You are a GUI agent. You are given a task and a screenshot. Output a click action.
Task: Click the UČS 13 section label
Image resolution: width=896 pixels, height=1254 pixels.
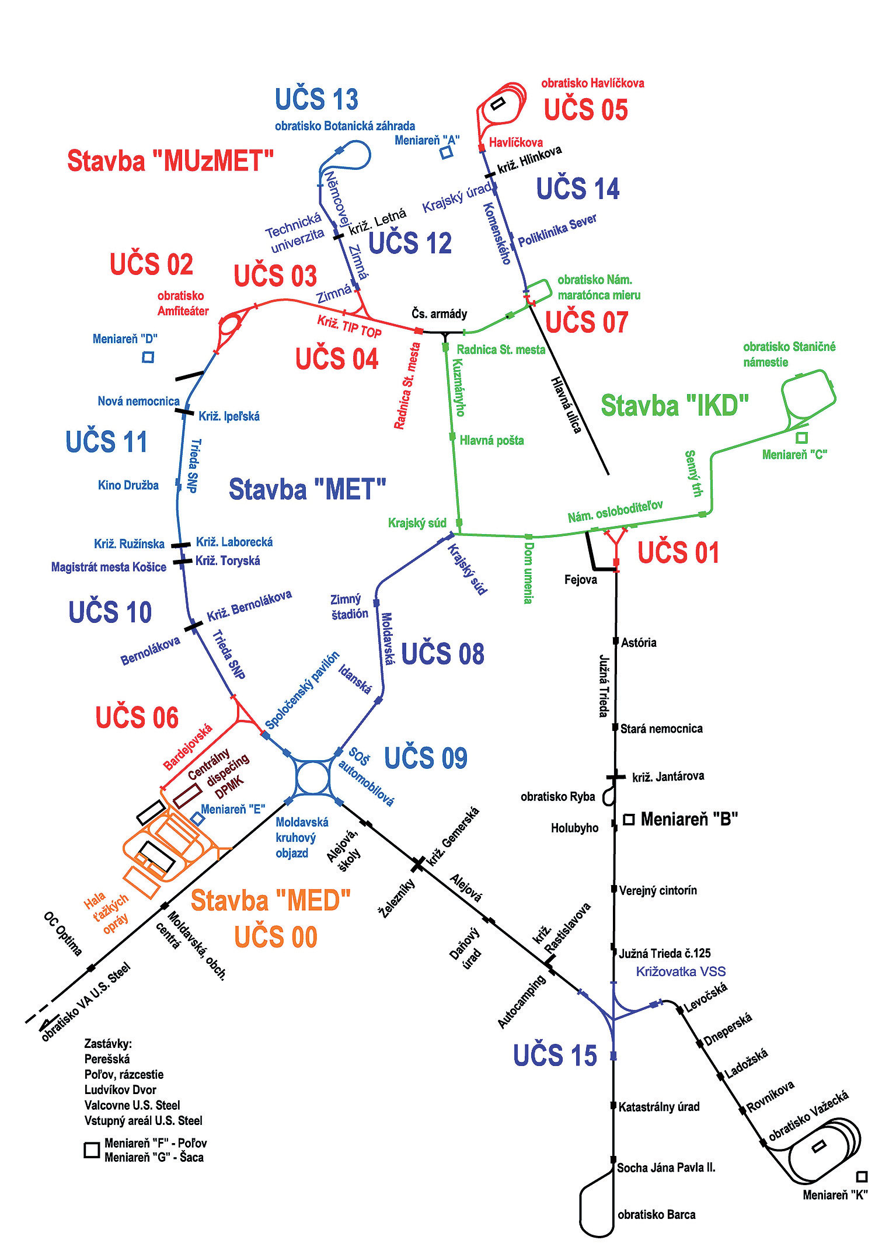click(x=316, y=100)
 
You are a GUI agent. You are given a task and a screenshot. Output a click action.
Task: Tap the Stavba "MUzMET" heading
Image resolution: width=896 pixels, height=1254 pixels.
click(x=170, y=161)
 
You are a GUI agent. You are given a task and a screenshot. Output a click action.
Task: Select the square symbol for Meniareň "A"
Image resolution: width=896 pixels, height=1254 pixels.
click(x=447, y=152)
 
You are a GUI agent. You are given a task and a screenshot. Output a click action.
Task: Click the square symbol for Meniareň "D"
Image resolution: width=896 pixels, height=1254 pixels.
click(x=148, y=357)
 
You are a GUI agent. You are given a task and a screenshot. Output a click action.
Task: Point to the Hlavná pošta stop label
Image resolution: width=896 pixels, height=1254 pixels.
click(x=491, y=441)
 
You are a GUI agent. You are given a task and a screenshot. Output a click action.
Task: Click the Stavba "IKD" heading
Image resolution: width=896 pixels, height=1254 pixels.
click(x=674, y=406)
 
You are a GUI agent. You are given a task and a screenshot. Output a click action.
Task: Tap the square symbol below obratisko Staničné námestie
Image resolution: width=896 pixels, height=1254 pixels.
click(x=802, y=437)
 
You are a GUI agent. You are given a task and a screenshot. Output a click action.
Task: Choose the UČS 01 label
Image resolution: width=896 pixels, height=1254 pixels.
click(x=678, y=553)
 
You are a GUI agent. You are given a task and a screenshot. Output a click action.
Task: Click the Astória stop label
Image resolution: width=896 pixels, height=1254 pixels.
click(x=639, y=643)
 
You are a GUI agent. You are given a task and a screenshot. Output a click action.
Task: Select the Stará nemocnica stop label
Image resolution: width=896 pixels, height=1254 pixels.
click(x=661, y=729)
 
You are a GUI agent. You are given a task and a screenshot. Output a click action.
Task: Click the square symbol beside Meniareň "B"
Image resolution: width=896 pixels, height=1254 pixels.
click(x=629, y=820)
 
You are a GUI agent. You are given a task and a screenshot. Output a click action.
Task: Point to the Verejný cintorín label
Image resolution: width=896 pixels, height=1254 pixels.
click(x=658, y=890)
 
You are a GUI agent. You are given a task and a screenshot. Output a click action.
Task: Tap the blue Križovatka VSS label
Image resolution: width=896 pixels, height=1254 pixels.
click(x=681, y=971)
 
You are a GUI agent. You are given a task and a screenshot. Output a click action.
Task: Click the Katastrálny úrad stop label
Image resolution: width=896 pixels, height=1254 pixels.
click(x=658, y=1106)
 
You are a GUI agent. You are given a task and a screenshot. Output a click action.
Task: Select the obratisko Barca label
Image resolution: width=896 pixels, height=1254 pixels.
click(x=656, y=1214)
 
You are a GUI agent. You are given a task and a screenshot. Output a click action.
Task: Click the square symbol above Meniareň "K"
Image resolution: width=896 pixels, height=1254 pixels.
click(x=861, y=1176)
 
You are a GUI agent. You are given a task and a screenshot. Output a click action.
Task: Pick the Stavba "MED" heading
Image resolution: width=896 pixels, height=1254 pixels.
click(x=270, y=901)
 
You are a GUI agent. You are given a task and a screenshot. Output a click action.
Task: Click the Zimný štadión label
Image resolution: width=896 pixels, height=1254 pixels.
click(x=349, y=607)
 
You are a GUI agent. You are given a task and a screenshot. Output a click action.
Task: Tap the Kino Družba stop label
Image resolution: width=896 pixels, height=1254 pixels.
click(x=128, y=485)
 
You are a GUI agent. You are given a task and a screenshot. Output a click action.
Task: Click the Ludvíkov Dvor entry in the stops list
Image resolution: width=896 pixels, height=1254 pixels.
click(x=120, y=1089)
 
